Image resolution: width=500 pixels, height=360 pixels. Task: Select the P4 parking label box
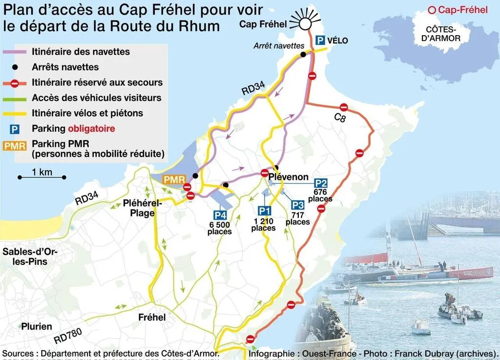pos(220,214)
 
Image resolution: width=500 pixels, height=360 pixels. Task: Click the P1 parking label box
pos(264,211)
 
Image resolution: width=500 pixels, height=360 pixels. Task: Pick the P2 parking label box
pos(321,184)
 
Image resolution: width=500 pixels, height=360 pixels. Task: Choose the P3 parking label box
pos(298,205)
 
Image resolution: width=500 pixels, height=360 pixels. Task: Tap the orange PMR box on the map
pos(173,180)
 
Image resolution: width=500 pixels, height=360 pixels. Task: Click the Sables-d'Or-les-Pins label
pos(30,257)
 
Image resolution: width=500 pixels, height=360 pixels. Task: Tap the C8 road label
pos(340,118)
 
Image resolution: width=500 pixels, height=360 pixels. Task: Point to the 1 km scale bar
pos(42,176)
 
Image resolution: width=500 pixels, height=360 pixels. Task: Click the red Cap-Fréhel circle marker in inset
pos(431,10)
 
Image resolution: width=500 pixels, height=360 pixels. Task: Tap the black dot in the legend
pos(16,67)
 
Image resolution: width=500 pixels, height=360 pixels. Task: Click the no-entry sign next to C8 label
pos(344,107)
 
